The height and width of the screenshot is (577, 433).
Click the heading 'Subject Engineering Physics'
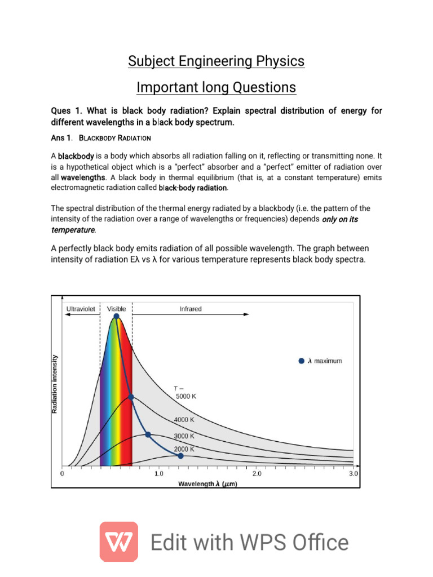(x=216, y=61)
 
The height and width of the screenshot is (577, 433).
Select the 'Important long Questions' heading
(x=216, y=87)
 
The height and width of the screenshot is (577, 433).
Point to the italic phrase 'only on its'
(x=340, y=219)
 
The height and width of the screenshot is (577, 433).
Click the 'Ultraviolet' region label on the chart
(x=81, y=309)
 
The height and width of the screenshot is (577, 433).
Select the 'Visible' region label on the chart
(x=117, y=309)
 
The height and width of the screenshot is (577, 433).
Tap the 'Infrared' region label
(x=191, y=309)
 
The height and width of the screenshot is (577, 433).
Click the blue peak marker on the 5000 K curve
(x=116, y=317)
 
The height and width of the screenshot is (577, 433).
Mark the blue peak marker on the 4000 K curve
(x=131, y=397)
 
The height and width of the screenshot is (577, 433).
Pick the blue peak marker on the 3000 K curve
(x=148, y=434)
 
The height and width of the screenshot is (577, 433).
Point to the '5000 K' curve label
(x=187, y=396)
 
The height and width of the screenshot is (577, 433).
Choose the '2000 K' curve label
(x=184, y=449)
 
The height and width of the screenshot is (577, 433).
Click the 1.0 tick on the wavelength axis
(x=159, y=474)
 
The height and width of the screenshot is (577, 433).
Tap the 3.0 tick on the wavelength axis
(x=353, y=474)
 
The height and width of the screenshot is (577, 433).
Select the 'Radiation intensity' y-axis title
(x=55, y=384)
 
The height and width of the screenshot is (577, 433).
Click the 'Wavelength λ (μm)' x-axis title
(x=207, y=483)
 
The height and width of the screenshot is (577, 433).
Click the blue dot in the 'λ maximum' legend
(x=301, y=361)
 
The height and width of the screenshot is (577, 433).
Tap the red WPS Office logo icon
(x=119, y=542)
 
